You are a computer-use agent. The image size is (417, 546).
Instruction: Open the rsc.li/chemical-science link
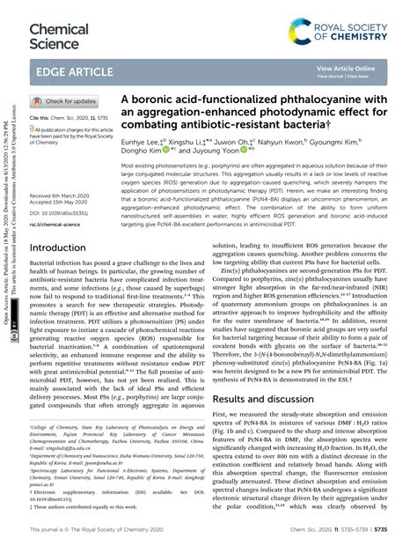click(x=59, y=225)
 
